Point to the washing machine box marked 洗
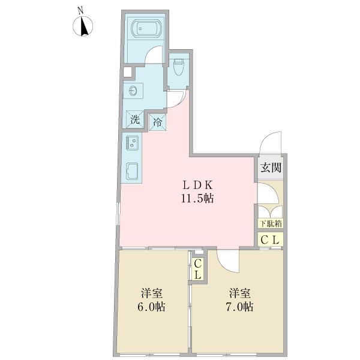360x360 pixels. [136, 119]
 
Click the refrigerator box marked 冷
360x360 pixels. [158, 122]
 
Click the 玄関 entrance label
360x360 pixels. [271, 168]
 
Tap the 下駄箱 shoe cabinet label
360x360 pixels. [271, 223]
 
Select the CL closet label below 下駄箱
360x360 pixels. [271, 239]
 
